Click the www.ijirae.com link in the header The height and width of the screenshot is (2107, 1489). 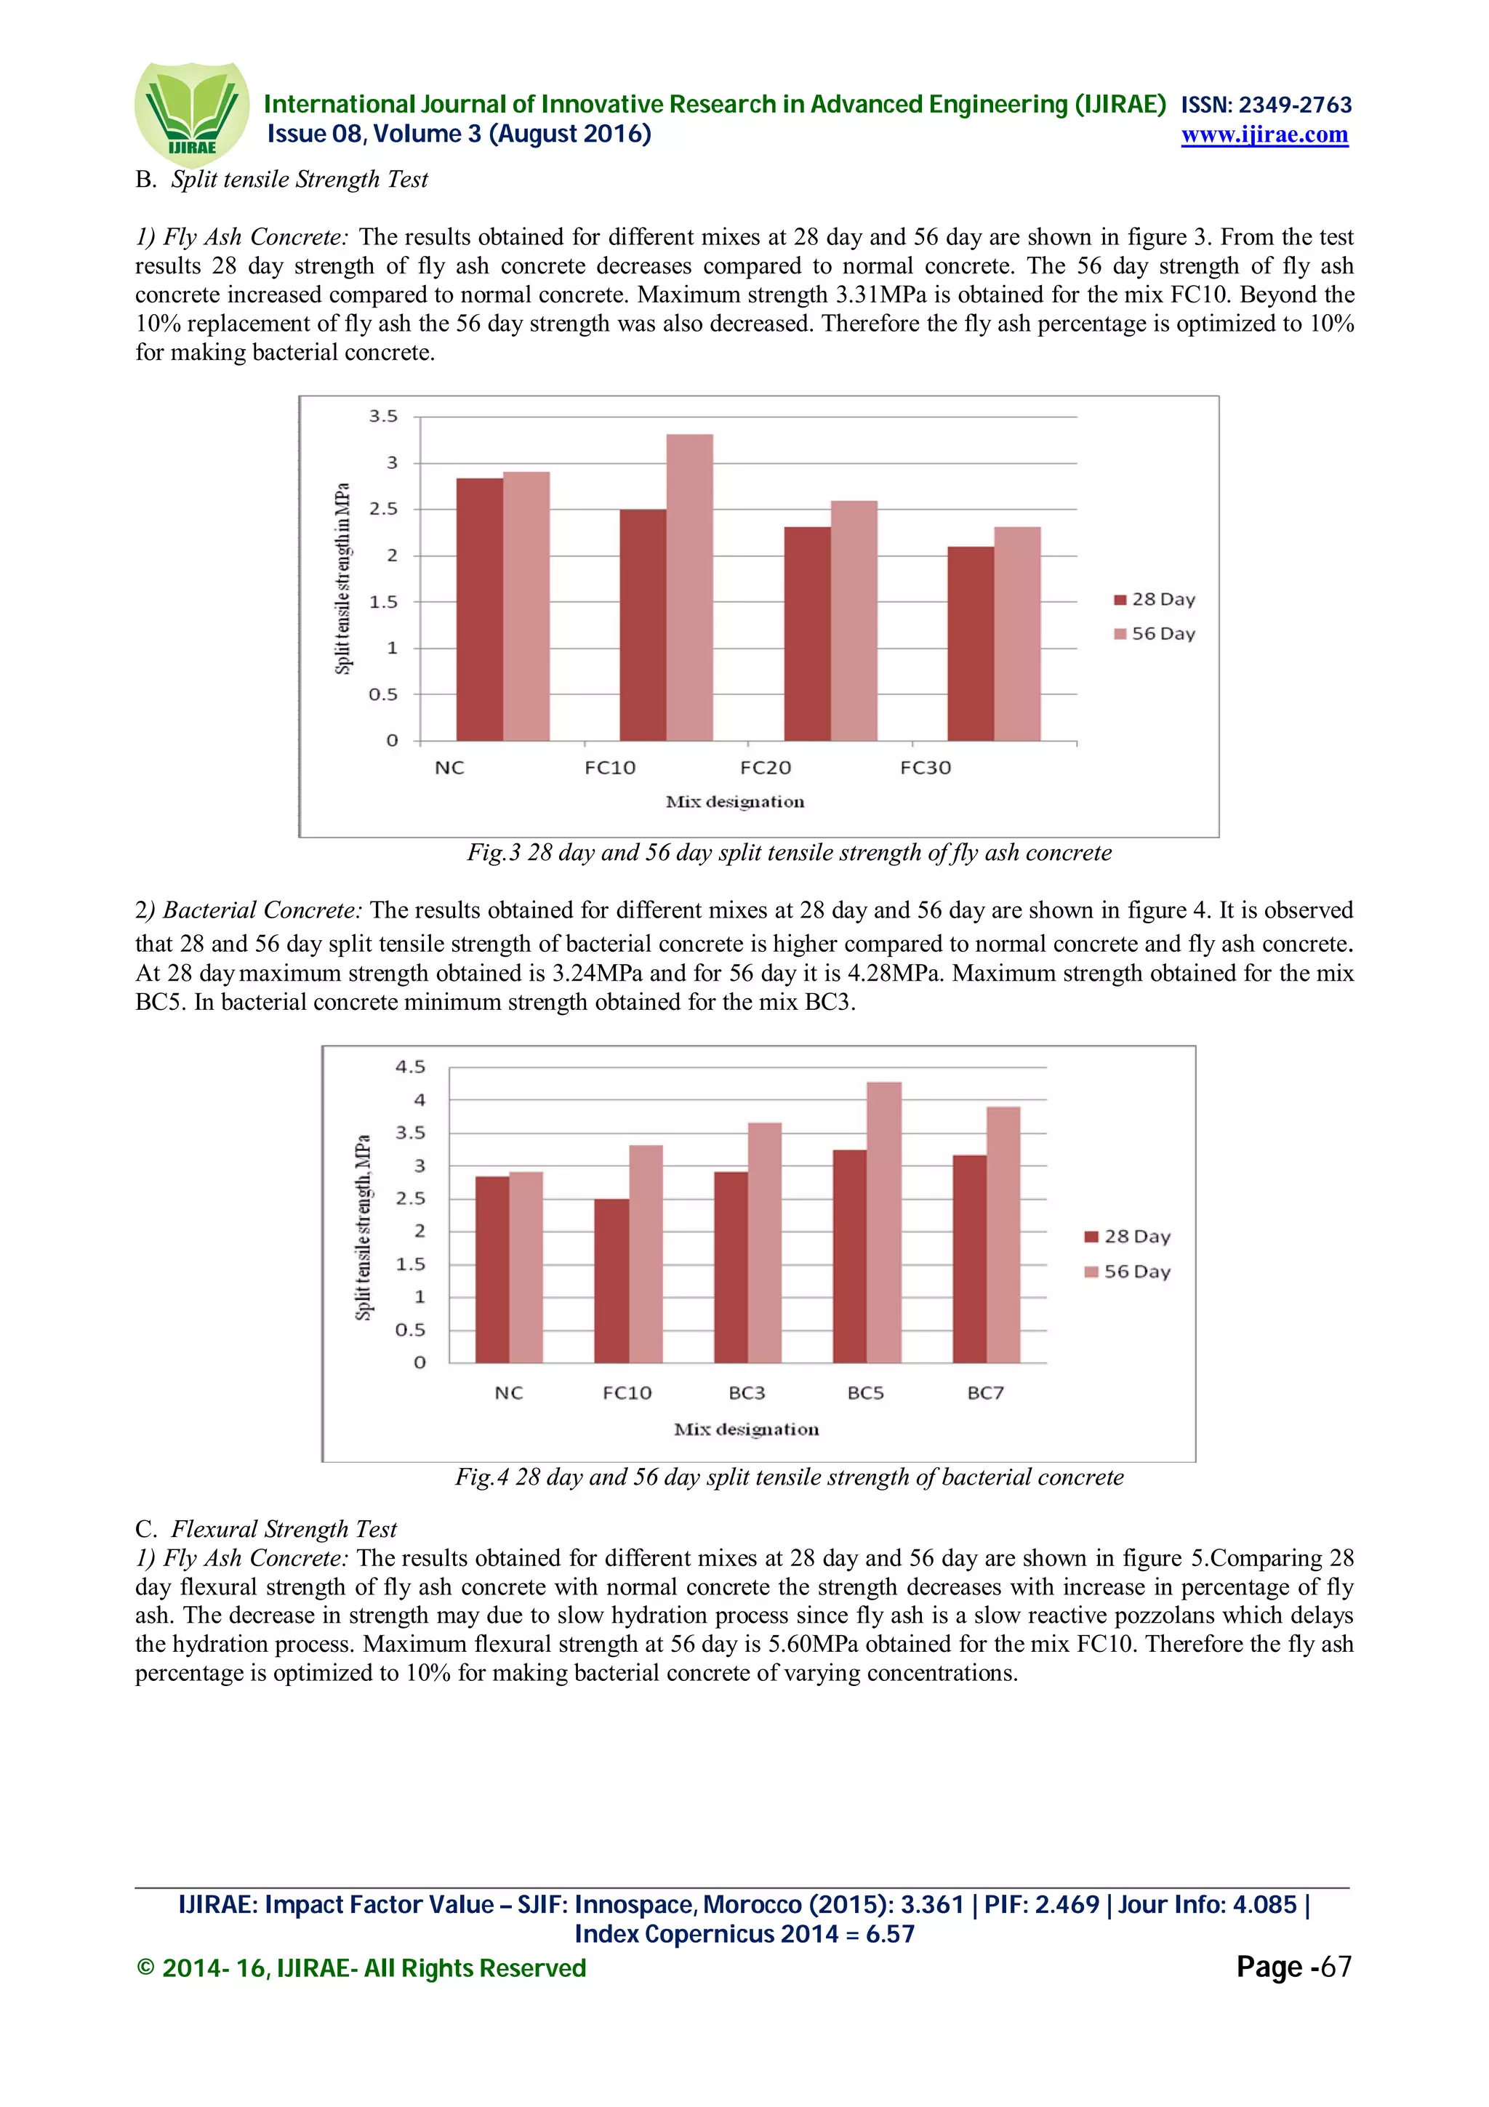(x=1264, y=135)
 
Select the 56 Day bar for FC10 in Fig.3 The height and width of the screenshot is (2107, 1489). (x=689, y=587)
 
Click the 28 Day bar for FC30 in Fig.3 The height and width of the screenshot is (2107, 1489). (x=970, y=643)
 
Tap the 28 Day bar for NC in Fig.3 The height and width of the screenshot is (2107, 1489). (x=479, y=609)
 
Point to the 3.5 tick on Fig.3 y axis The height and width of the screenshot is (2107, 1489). (x=383, y=417)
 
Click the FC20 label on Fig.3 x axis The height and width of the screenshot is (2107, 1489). (x=765, y=768)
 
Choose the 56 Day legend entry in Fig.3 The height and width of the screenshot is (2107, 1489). (x=1154, y=634)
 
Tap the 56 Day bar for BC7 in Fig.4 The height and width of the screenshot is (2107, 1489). (x=1003, y=1235)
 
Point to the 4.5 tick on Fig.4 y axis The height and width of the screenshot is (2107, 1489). (x=410, y=1067)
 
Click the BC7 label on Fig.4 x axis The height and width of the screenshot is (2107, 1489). (x=985, y=1393)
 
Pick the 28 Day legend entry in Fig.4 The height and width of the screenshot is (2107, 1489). (x=1128, y=1237)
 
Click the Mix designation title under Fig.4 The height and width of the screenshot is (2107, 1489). (x=746, y=1429)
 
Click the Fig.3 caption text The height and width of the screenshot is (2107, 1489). (x=789, y=853)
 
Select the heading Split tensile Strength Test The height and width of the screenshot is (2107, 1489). (x=299, y=179)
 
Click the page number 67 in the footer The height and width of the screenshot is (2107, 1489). (x=1335, y=1967)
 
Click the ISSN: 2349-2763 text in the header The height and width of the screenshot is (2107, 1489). (x=1265, y=105)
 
